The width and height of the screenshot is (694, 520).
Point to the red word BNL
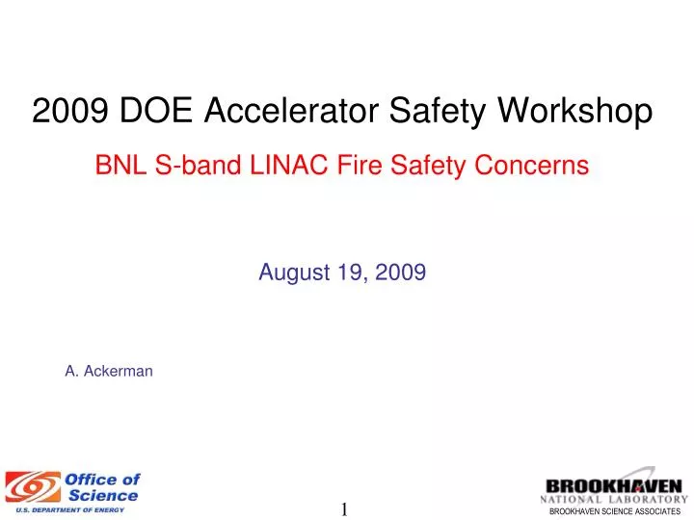point(118,166)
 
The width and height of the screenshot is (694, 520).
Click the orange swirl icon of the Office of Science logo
point(33,486)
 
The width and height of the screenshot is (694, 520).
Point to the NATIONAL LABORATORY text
point(614,499)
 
